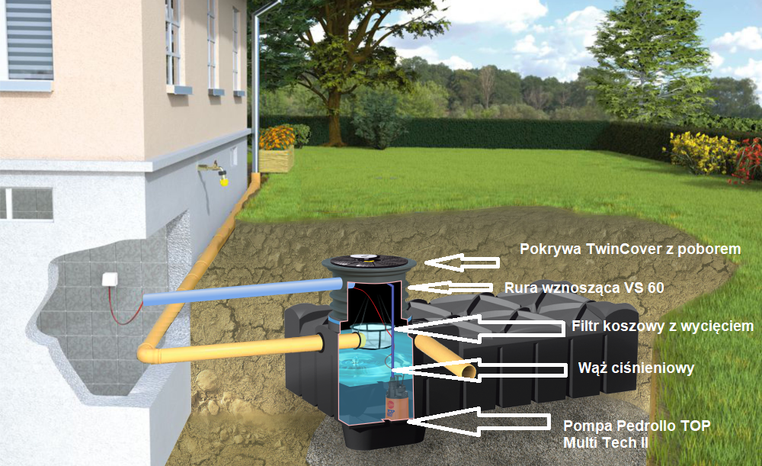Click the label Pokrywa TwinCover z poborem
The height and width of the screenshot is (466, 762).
tap(629, 249)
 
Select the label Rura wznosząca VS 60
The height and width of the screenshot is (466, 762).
tap(584, 288)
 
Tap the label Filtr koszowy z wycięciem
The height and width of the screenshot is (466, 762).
tap(661, 326)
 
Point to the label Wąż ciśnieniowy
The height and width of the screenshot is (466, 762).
tap(636, 368)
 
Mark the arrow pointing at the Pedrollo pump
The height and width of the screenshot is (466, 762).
tap(480, 422)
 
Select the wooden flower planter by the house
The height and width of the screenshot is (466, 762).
tap(277, 159)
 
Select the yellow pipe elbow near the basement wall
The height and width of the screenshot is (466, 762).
tap(149, 352)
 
